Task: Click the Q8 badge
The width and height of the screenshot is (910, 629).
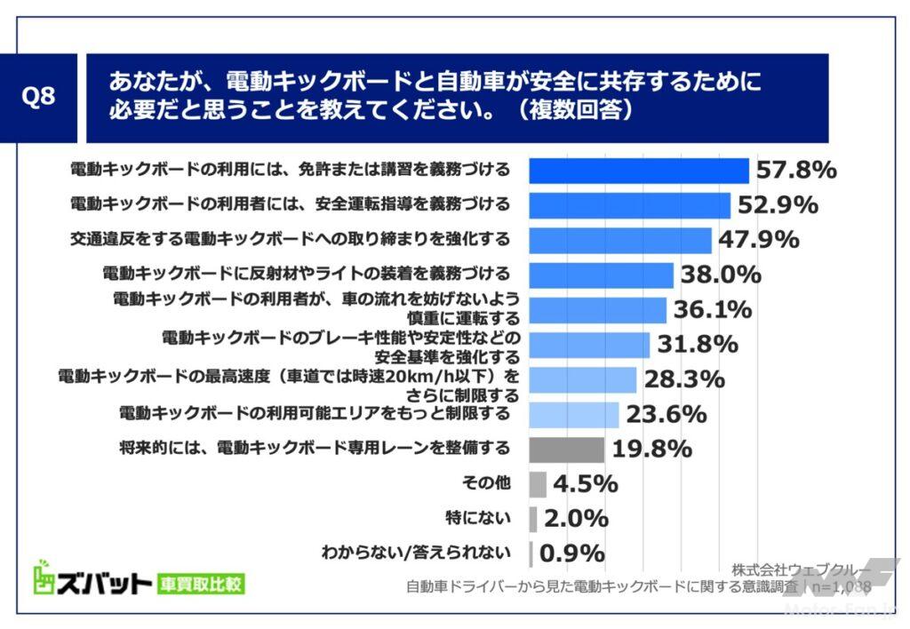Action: coord(38,97)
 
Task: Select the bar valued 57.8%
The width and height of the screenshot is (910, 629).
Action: coord(639,171)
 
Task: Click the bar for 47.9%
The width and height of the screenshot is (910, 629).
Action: coord(620,240)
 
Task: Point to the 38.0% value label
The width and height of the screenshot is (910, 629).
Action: coord(721,275)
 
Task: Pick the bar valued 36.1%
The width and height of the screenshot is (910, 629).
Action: coord(597,310)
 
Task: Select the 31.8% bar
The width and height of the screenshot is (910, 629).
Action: coord(589,345)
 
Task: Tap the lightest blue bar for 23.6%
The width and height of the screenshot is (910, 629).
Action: coord(574,415)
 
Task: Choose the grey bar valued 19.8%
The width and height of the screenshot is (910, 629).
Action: coord(566,450)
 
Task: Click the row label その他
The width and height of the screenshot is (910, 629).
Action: coord(487,483)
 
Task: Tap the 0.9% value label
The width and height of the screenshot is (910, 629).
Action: coord(571,553)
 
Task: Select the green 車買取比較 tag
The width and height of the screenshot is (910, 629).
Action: coord(200,584)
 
